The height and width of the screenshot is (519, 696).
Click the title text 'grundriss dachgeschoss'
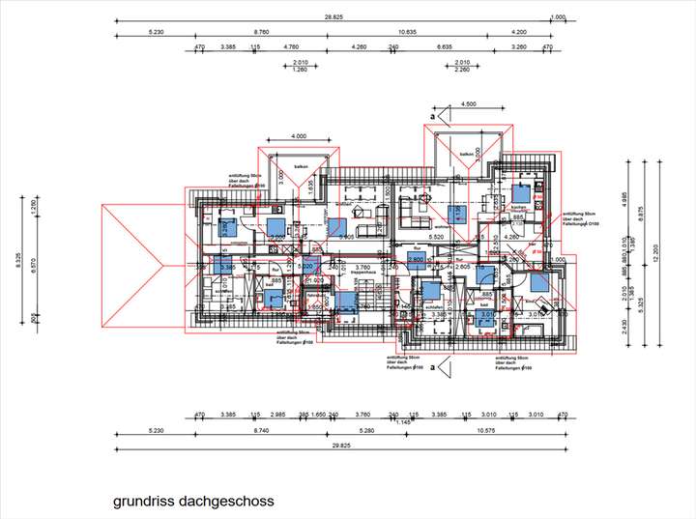pos(193,502)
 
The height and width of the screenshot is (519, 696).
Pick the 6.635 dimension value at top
pos(445,45)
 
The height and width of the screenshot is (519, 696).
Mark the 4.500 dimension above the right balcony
pos(469,104)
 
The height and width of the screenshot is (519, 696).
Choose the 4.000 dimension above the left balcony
pos(299,136)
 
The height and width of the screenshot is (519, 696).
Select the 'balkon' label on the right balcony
pos(467,154)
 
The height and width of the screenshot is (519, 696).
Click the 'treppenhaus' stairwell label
pos(362,274)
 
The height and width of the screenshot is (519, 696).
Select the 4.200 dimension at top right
pos(519,32)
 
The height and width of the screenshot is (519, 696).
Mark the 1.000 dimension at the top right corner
pos(558,17)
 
